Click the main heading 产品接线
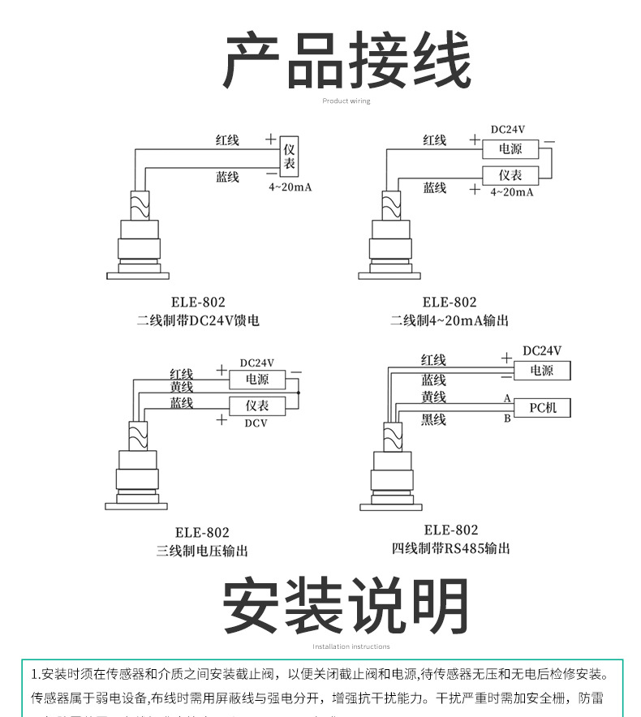pos(346,60)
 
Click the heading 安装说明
pos(346,607)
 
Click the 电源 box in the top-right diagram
pos(510,149)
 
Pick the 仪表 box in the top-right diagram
pos(510,175)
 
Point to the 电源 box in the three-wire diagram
pos(257,380)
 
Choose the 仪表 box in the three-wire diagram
pos(257,406)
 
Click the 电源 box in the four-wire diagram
pos(541,371)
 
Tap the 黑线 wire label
pos(433,419)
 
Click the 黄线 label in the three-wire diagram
pos(181,387)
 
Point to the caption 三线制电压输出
pos(202,551)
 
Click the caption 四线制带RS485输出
pos(450,549)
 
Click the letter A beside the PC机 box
pos(507,399)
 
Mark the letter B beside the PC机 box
pos(507,419)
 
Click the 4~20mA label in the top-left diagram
pos(290,187)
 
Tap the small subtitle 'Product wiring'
pos(346,101)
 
